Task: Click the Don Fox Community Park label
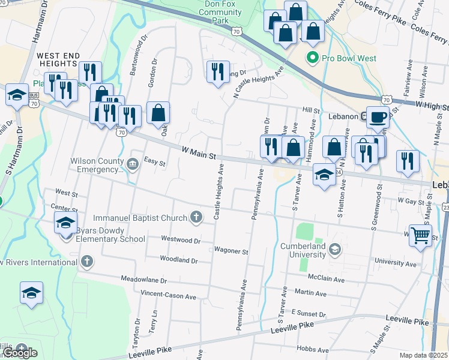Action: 219,12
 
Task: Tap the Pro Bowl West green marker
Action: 312,58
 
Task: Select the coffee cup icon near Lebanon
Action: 377,117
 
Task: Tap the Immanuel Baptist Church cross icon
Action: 195,217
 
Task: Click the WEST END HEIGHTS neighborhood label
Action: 58,60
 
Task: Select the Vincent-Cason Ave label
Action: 168,296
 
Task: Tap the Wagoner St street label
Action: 231,251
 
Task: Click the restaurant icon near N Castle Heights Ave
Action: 217,71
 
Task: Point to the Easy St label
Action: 154,162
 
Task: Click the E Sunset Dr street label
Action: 308,313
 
